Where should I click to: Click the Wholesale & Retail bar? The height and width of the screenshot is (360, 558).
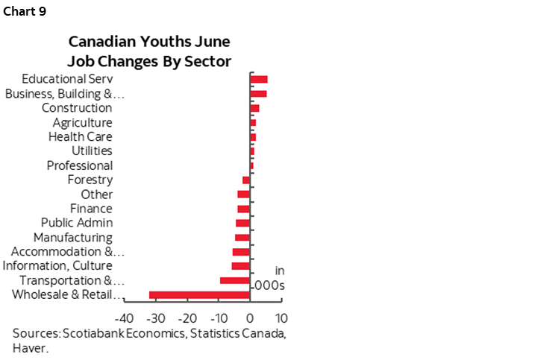click(x=199, y=295)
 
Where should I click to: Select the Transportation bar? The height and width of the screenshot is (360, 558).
click(x=235, y=280)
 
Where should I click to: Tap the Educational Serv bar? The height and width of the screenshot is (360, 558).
click(x=259, y=79)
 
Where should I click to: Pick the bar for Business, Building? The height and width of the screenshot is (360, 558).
click(x=258, y=93)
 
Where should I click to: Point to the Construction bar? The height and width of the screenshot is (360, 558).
click(x=254, y=108)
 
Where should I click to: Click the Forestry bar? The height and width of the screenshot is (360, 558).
click(x=246, y=180)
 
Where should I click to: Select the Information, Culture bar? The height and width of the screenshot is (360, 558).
click(x=241, y=266)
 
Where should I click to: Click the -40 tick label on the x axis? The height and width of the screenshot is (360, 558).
click(x=124, y=317)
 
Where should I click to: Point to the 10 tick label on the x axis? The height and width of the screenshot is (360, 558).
click(x=281, y=317)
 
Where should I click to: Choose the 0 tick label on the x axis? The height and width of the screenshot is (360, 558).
click(x=250, y=317)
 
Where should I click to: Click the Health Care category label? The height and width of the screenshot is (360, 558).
click(x=80, y=137)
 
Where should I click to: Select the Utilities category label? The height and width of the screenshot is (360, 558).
click(x=92, y=151)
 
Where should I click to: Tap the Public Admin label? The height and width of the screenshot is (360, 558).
click(x=77, y=223)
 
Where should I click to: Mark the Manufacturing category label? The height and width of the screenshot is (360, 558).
click(x=73, y=238)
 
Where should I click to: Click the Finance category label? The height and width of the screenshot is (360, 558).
click(x=91, y=209)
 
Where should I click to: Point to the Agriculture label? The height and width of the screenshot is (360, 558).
click(x=82, y=122)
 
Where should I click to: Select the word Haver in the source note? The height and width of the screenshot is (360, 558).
click(x=31, y=347)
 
